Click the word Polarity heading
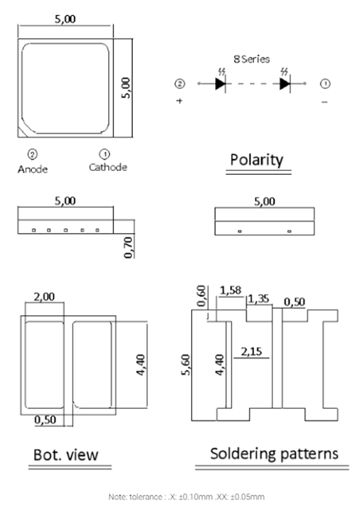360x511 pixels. [x=257, y=160]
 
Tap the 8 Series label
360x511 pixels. [x=251, y=59]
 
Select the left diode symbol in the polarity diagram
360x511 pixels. [x=220, y=83]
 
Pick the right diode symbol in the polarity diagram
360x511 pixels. [x=286, y=83]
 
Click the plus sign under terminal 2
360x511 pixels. [x=179, y=101]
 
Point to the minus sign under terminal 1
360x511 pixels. [x=325, y=102]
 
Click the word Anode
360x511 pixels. [x=32, y=169]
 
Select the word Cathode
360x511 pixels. [x=108, y=167]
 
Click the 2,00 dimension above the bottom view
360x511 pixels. [x=43, y=296]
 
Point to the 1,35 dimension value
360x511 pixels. [x=259, y=298]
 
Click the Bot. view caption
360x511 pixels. [x=65, y=455]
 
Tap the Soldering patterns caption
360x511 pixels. [x=274, y=453]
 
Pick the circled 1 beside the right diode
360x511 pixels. [x=325, y=83]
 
